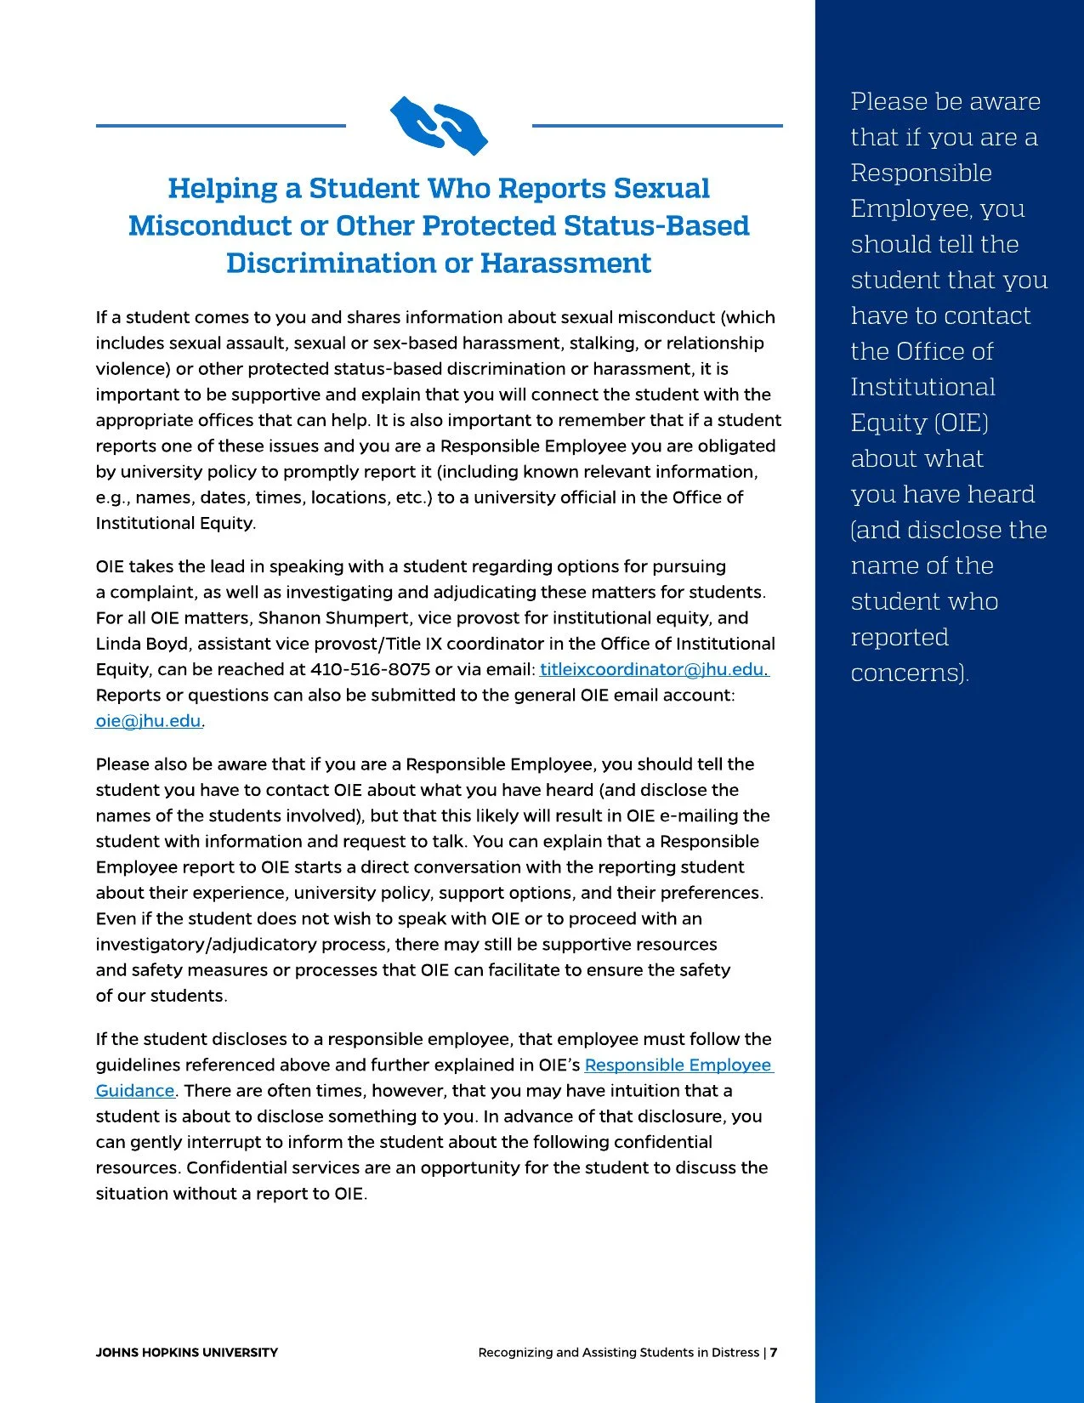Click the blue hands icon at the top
coord(439,125)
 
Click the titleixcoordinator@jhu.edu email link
coord(654,669)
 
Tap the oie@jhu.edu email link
coord(149,721)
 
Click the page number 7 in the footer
coord(774,1353)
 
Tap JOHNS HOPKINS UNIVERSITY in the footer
coord(186,1353)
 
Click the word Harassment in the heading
coord(565,263)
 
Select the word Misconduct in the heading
coord(208,225)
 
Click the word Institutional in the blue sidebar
coord(922,387)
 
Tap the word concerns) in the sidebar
coord(909,673)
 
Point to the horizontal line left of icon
coord(220,126)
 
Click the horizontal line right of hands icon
coord(656,126)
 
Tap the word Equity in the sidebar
coord(888,423)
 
